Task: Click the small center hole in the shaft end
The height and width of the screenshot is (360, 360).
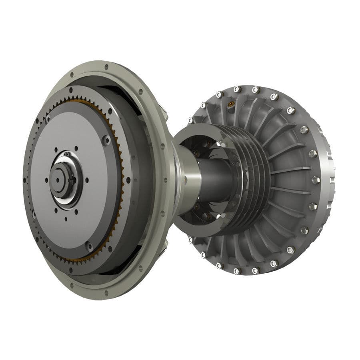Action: coord(58,179)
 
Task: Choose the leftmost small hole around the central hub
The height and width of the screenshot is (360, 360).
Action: coord(46,180)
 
